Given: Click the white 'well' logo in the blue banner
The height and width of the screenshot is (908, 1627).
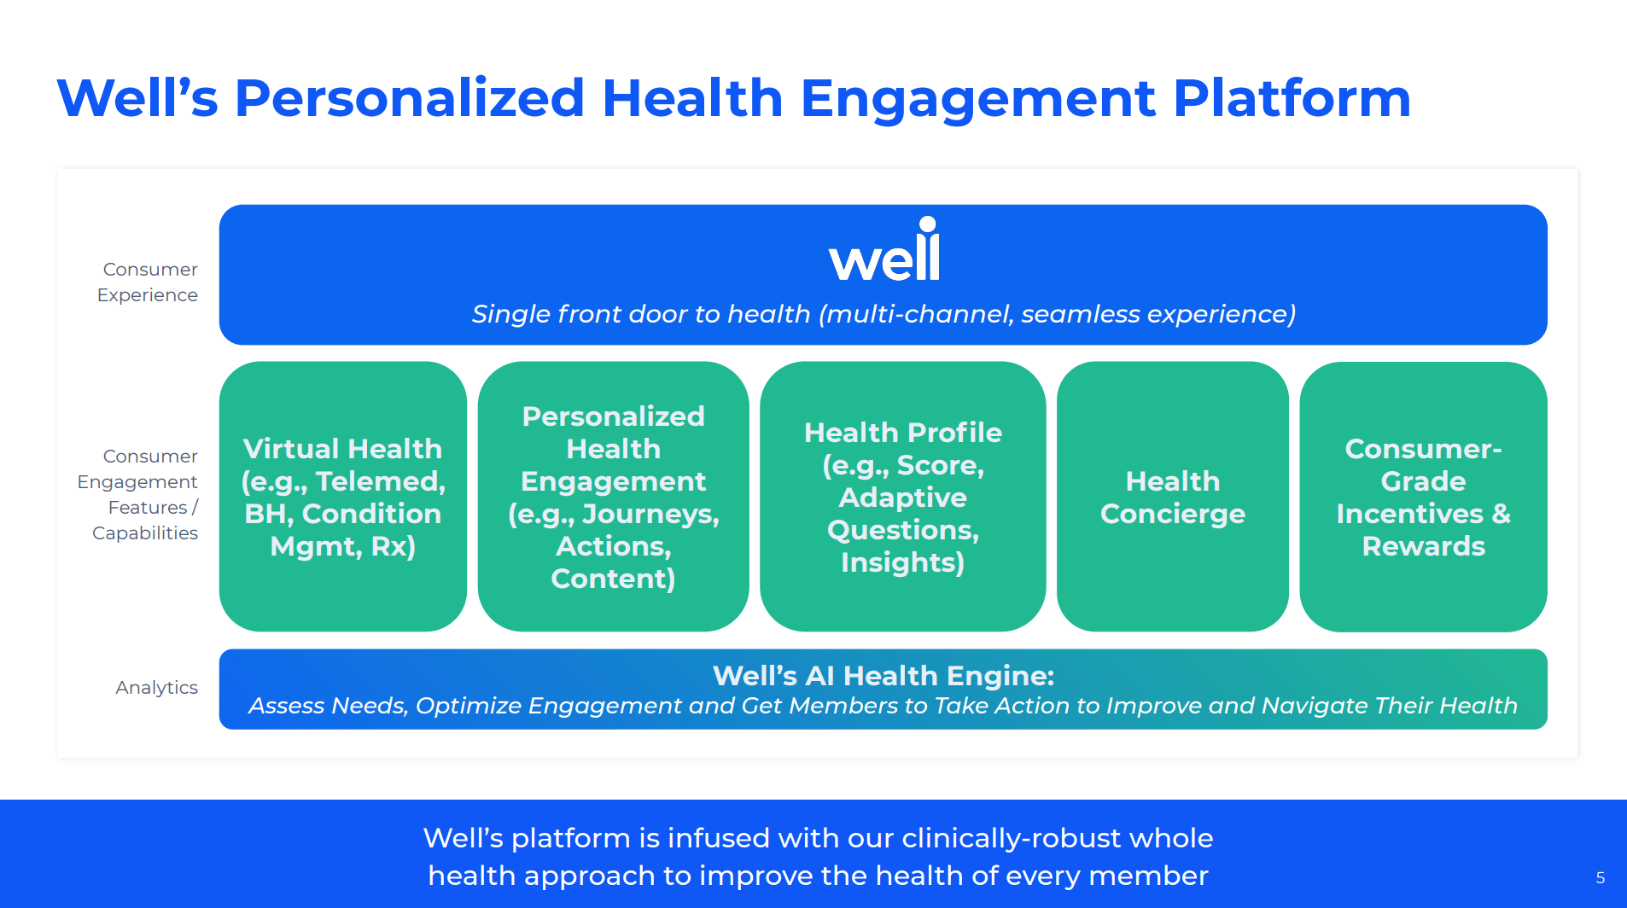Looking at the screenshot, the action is point(884,250).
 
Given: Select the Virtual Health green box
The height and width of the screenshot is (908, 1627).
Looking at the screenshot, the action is point(343,497).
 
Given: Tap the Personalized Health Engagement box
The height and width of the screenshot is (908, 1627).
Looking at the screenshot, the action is point(613,497).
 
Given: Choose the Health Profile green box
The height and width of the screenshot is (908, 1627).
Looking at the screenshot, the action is point(903,497).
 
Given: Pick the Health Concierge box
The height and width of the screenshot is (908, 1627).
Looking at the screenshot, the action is point(1173,497).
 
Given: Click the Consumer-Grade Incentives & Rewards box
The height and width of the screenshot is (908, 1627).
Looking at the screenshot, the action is point(1424,497).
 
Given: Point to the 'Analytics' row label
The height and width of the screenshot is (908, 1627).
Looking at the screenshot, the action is point(157,688).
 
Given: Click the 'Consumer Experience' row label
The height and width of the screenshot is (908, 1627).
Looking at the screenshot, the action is point(148,282).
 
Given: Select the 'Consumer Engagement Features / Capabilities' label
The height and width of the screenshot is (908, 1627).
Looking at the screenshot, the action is point(138,495).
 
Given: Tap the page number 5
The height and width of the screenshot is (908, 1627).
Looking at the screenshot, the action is point(1601,878).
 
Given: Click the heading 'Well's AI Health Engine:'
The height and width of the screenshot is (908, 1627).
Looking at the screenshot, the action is point(883,676).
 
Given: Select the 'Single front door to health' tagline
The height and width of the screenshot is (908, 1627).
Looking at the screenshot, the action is point(640,315).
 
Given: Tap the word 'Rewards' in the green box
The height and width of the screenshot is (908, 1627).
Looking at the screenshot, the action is point(1424,546).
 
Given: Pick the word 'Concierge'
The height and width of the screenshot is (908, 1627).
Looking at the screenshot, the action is point(1173,515).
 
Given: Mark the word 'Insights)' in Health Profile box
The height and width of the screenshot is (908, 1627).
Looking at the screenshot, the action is point(903,563).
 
